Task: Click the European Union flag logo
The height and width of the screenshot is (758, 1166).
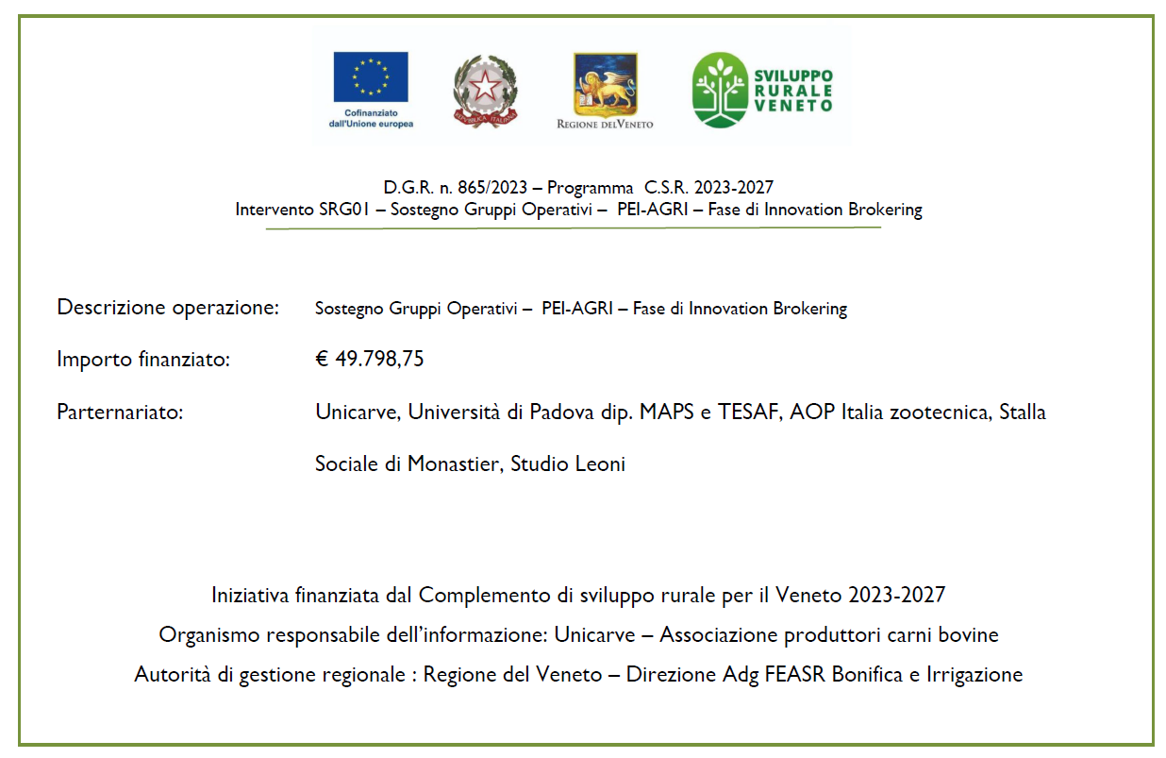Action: (370, 76)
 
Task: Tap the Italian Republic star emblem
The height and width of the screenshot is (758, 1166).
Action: (485, 90)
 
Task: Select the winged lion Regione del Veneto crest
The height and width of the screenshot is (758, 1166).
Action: (605, 86)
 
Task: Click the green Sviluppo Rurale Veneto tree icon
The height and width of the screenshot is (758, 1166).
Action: (721, 90)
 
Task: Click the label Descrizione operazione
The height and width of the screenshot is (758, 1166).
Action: (168, 308)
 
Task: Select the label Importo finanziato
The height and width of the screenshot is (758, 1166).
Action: (143, 360)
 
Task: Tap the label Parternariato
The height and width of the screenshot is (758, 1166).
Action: (119, 413)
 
